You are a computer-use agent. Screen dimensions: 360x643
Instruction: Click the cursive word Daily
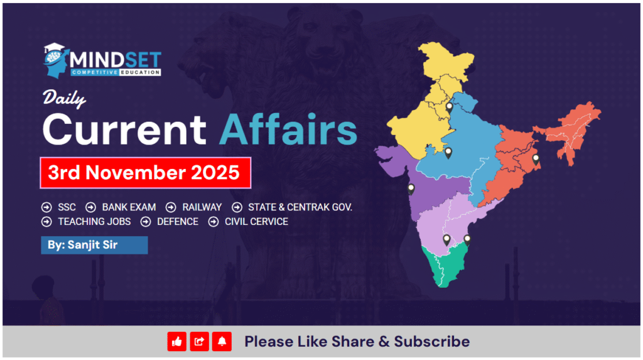coord(64,99)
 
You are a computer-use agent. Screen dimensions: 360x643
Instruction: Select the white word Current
coord(124,128)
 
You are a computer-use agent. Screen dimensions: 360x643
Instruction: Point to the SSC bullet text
coord(67,207)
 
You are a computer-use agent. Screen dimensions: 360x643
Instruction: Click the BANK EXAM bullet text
coord(129,207)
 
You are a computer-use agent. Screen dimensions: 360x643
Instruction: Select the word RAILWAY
coord(202,207)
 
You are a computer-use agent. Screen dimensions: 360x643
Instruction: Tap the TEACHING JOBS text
coord(94,221)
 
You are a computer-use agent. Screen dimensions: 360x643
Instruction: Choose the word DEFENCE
coord(178,221)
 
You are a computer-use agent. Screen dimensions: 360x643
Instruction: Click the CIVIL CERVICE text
coord(256,221)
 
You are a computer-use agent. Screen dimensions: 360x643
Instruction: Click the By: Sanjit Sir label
coord(94,245)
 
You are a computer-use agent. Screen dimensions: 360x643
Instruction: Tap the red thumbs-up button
coord(177,342)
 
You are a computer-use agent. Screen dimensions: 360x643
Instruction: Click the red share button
coord(200,342)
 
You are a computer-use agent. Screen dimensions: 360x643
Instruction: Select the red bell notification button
coord(222,342)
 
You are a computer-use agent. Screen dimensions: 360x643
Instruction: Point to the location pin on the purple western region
coord(411,188)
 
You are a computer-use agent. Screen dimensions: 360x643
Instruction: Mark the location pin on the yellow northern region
coord(449,107)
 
